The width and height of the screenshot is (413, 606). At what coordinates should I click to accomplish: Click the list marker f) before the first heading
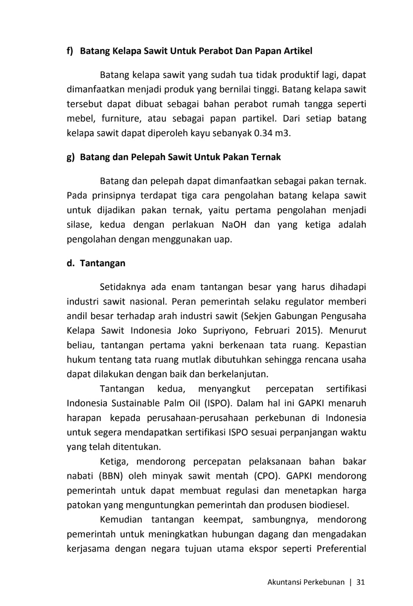[70, 51]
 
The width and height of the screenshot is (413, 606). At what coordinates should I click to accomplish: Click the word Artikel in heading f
[298, 51]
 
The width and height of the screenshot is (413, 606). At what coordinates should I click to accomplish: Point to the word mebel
[80, 119]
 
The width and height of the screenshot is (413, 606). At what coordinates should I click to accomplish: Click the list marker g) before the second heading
[70, 157]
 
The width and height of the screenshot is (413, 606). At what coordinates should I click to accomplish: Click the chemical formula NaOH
[234, 224]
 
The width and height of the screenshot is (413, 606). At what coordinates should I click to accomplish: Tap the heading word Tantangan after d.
[102, 263]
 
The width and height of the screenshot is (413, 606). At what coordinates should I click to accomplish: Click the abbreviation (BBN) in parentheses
[111, 476]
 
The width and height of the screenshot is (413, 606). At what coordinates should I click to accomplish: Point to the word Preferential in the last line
[341, 549]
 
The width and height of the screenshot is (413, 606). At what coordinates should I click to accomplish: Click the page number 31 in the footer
[360, 582]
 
